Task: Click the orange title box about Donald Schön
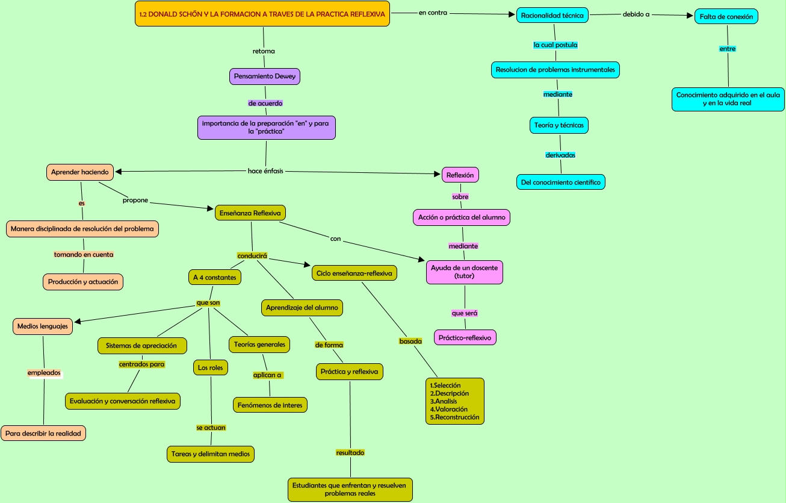pyautogui.click(x=262, y=14)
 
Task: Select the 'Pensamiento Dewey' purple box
pyautogui.click(x=265, y=77)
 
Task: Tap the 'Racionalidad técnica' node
pyautogui.click(x=552, y=15)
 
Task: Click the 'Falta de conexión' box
pyautogui.click(x=726, y=16)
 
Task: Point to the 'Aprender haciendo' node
pyautogui.click(x=80, y=172)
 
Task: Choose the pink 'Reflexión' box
pyautogui.click(x=460, y=175)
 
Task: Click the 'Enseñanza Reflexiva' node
pyautogui.click(x=250, y=213)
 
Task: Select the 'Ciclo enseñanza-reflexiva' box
pyautogui.click(x=354, y=273)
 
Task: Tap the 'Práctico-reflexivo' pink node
pyautogui.click(x=465, y=337)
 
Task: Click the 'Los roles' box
pyautogui.click(x=211, y=367)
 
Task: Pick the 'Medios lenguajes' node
pyautogui.click(x=43, y=326)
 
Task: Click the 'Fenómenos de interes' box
pyautogui.click(x=270, y=405)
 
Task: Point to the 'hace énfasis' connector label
pyautogui.click(x=265, y=171)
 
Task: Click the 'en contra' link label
pyautogui.click(x=433, y=13)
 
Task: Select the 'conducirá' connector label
pyautogui.click(x=252, y=256)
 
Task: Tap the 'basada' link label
pyautogui.click(x=410, y=341)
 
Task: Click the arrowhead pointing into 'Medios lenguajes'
pyautogui.click(x=78, y=321)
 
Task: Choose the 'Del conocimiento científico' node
pyautogui.click(x=561, y=182)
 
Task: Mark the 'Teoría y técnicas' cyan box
pyautogui.click(x=559, y=125)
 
